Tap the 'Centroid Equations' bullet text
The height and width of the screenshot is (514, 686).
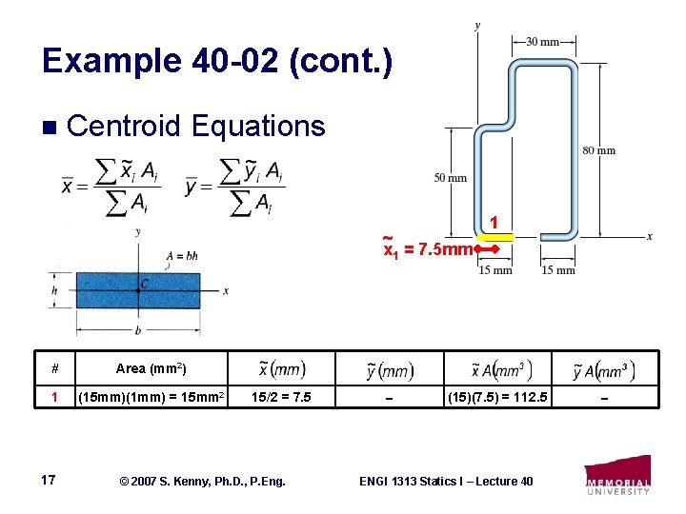196,126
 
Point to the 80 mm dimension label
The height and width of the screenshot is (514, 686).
599,150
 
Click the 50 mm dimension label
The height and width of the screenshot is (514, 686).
450,178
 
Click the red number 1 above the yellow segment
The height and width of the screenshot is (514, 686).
494,223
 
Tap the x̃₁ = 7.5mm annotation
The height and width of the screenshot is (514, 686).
428,248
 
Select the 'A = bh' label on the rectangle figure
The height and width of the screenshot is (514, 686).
181,255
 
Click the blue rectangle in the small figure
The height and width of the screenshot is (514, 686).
138,290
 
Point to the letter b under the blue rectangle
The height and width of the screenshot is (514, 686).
138,332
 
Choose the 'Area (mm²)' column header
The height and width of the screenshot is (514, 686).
151,368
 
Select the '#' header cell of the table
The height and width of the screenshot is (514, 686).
55,368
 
